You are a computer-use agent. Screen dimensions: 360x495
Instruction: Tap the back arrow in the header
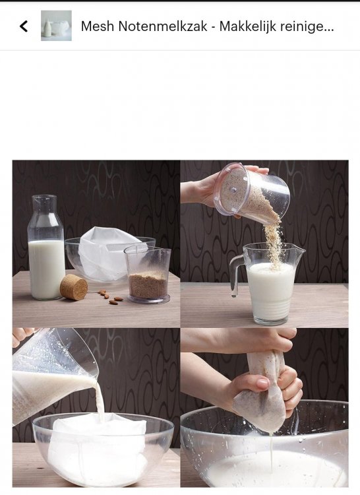click(24, 26)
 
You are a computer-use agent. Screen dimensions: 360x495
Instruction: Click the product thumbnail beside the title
click(56, 26)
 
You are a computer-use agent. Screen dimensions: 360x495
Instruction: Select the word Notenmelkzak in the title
click(163, 26)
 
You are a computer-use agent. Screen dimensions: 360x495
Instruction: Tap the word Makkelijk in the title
click(247, 26)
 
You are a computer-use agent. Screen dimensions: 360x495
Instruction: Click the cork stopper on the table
click(74, 287)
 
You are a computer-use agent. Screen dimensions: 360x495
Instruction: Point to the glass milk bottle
click(46, 247)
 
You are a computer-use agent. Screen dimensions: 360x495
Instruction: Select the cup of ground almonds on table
click(148, 275)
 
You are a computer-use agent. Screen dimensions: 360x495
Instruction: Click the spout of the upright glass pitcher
click(300, 250)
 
